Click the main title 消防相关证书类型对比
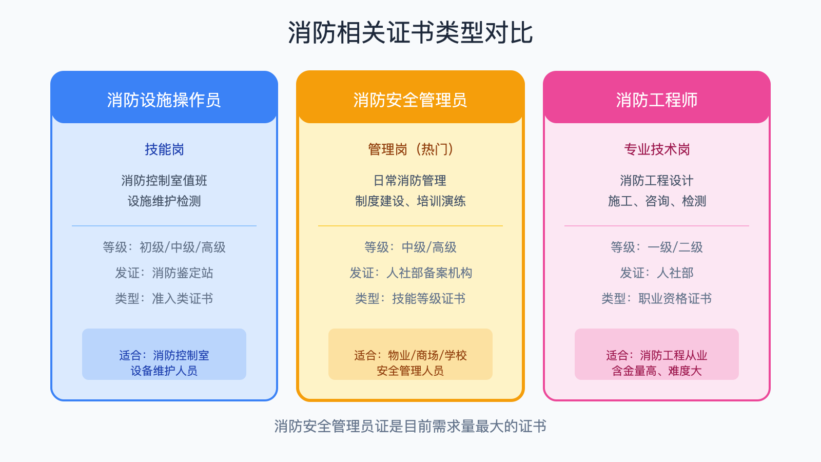tap(411, 33)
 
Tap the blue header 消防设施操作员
tap(164, 100)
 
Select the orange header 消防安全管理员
tap(410, 100)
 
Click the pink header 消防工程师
tap(656, 100)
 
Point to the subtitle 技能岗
tap(164, 149)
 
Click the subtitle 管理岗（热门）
tap(411, 149)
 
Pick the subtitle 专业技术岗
tap(657, 149)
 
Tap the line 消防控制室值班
tap(164, 181)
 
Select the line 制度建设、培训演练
tap(411, 201)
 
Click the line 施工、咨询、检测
tap(657, 201)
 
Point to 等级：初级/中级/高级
tap(164, 247)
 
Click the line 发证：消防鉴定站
tap(164, 273)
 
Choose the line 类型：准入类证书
tap(164, 299)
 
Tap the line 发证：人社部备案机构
tap(411, 273)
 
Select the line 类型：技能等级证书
tap(411, 299)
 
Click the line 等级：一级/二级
tap(657, 247)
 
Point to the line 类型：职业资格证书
tap(657, 299)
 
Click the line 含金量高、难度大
tap(657, 371)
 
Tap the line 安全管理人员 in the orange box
tap(411, 371)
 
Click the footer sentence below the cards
tap(411, 426)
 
